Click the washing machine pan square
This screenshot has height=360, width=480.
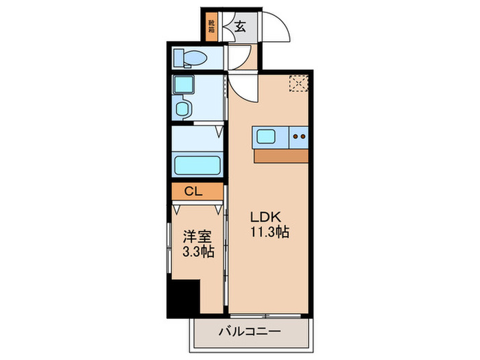point(184,86)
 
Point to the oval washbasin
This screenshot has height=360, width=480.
point(182,108)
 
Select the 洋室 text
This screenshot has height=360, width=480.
point(197,237)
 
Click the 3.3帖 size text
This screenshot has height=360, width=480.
point(197,252)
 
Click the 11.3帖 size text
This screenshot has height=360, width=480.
point(269,232)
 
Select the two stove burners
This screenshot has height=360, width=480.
point(299,136)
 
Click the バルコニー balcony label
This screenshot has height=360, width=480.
point(249,331)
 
